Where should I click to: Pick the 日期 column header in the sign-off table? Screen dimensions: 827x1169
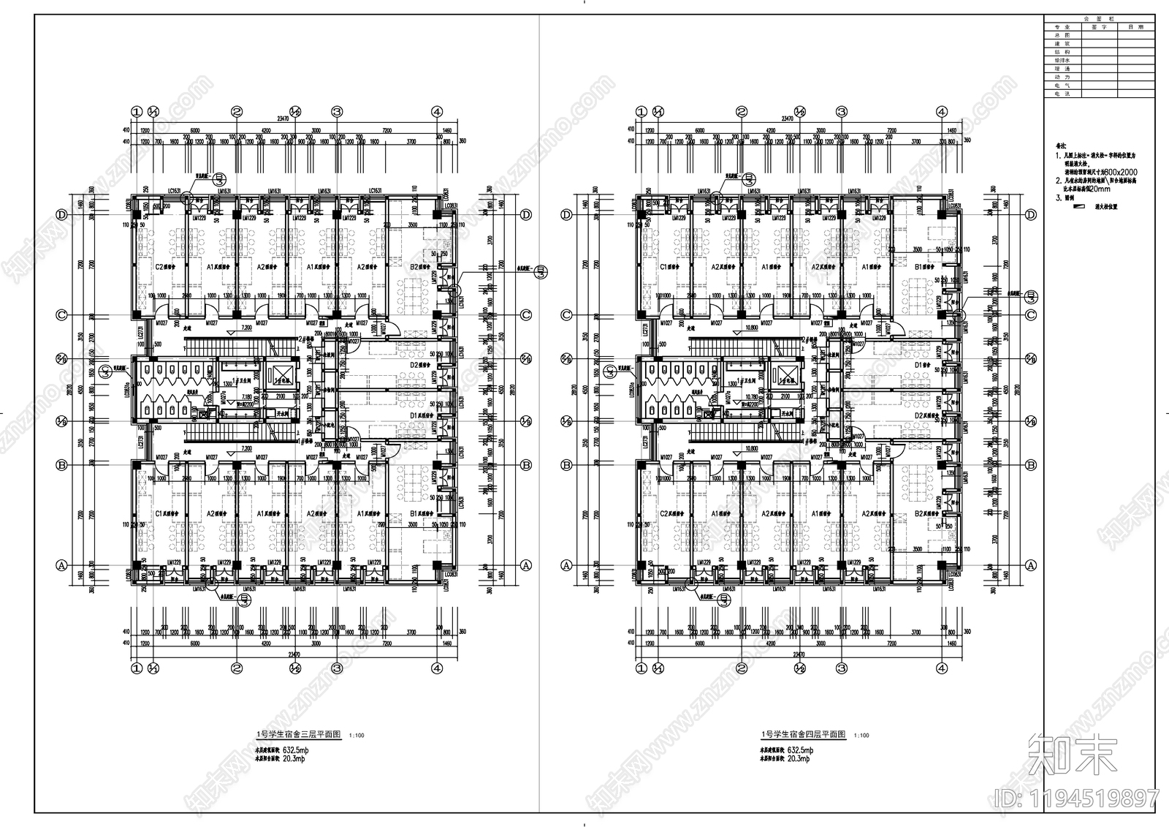1136,26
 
